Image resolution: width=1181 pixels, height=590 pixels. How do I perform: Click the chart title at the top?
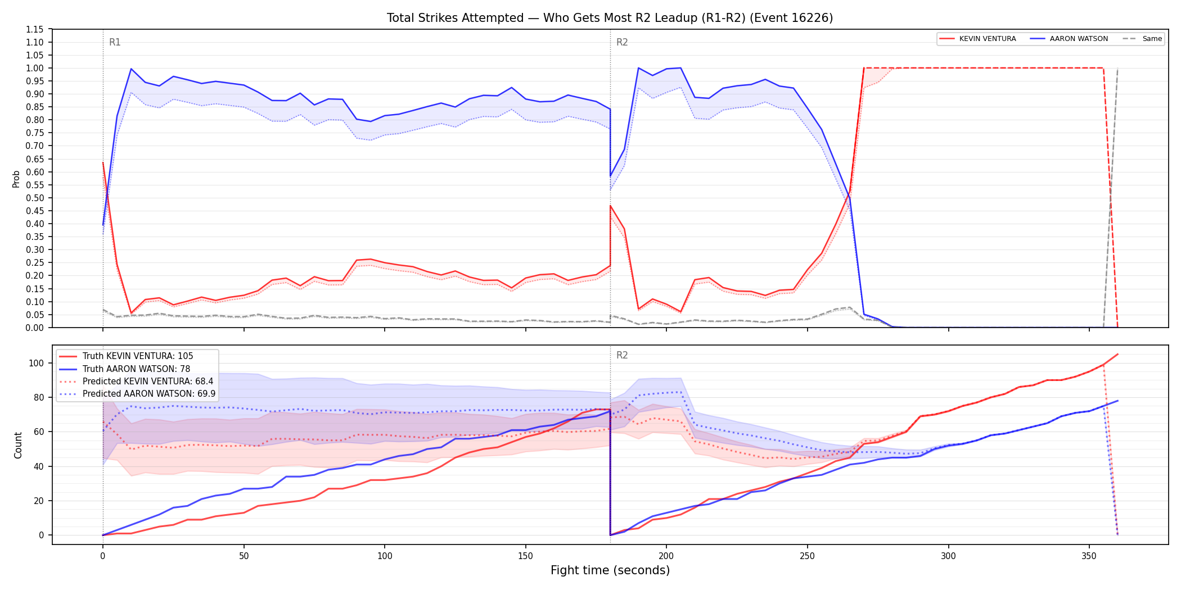pyautogui.click(x=610, y=18)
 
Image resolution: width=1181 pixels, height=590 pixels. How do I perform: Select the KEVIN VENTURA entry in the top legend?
pyautogui.click(x=978, y=39)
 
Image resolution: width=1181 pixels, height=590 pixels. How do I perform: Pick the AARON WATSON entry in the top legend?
pyautogui.click(x=1069, y=39)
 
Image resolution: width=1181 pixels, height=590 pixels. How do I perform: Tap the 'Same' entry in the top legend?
pyautogui.click(x=1142, y=39)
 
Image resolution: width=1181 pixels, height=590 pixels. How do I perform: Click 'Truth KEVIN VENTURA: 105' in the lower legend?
pyautogui.click(x=127, y=356)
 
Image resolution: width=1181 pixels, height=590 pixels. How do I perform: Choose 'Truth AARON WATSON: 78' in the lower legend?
pyautogui.click(x=125, y=369)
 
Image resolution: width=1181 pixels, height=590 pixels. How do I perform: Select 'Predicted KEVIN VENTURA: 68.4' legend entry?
pyautogui.click(x=137, y=382)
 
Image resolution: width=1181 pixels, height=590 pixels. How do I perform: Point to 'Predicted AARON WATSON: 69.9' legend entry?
pyautogui.click(x=138, y=394)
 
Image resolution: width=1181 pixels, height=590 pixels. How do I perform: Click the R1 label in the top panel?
pyautogui.click(x=115, y=42)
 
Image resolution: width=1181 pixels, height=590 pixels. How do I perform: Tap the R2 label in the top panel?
pyautogui.click(x=622, y=42)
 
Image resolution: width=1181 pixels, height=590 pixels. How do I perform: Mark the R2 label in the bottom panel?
pyautogui.click(x=622, y=355)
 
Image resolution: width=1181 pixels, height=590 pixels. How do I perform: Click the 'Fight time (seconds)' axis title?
pyautogui.click(x=610, y=570)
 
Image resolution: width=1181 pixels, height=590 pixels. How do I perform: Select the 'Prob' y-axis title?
pyautogui.click(x=16, y=179)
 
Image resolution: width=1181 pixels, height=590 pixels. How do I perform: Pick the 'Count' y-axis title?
pyautogui.click(x=18, y=445)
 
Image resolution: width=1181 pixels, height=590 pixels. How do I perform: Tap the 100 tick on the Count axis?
pyautogui.click(x=37, y=363)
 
